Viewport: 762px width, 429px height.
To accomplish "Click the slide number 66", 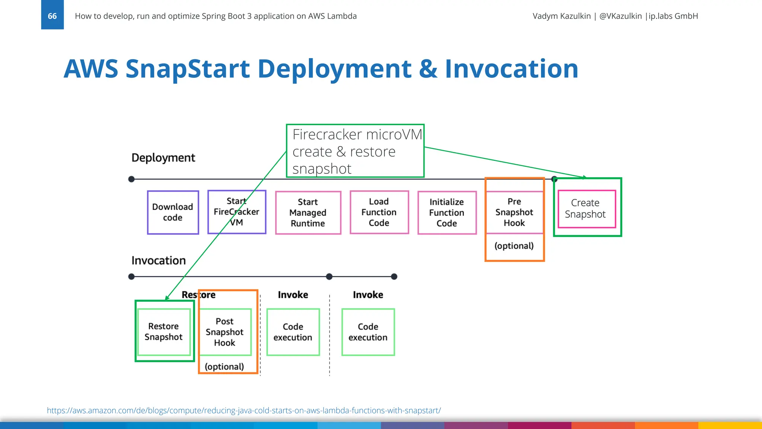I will tap(52, 16).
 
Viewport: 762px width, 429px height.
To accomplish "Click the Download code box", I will tap(173, 212).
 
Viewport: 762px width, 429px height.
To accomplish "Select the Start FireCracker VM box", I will tap(237, 212).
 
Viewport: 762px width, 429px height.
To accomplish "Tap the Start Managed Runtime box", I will tap(308, 213).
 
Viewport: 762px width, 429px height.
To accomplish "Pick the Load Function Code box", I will tap(379, 212).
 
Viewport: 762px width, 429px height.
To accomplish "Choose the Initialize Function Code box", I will tap(446, 213).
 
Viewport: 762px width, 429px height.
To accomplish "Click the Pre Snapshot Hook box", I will tap(514, 212).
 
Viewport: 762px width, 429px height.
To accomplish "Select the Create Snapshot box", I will tap(586, 209).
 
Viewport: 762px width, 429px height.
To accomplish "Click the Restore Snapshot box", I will tap(163, 331).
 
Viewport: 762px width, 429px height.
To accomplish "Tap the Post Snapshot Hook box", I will tap(224, 332).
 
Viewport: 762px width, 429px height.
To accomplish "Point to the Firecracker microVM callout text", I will tap(355, 151).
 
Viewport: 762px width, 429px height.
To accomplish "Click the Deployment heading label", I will tap(163, 158).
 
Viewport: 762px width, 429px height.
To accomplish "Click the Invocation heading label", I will tap(159, 260).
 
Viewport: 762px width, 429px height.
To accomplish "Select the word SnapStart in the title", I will tap(188, 69).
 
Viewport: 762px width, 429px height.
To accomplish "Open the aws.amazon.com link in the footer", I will tap(244, 410).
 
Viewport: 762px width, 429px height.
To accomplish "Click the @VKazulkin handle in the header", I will tap(620, 16).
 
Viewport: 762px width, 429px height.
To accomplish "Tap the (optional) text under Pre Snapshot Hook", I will tap(514, 246).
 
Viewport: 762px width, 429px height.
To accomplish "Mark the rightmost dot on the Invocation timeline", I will tap(394, 277).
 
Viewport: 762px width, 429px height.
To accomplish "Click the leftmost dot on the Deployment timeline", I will tap(131, 179).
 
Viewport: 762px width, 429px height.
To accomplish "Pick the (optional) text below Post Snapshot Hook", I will tap(224, 366).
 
